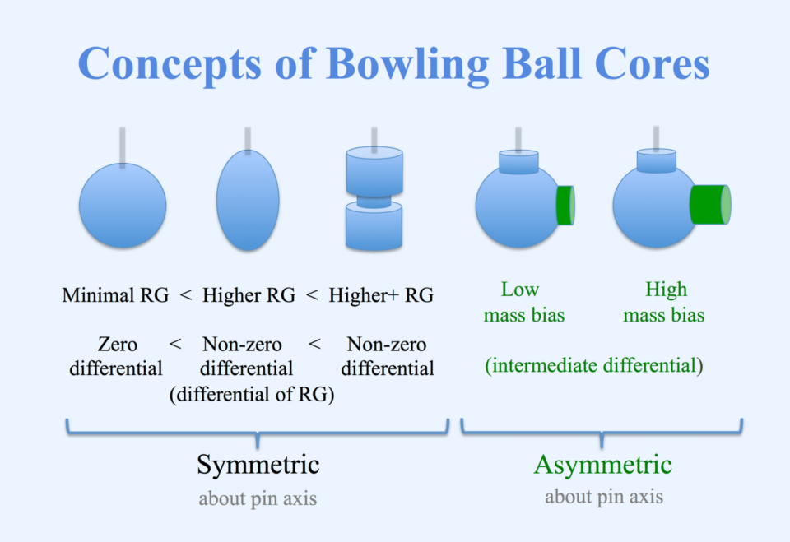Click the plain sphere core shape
tap(123, 206)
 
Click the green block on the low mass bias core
tap(565, 205)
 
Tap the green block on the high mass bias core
tap(709, 205)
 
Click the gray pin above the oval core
tap(248, 139)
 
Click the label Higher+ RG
tap(381, 295)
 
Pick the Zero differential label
tap(116, 356)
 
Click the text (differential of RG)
tap(252, 395)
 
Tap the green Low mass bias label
tap(519, 302)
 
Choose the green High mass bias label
tap(665, 302)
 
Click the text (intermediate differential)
tap(593, 365)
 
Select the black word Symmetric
tap(258, 465)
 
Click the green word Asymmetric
tap(602, 465)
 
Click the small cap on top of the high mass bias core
tap(656, 160)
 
